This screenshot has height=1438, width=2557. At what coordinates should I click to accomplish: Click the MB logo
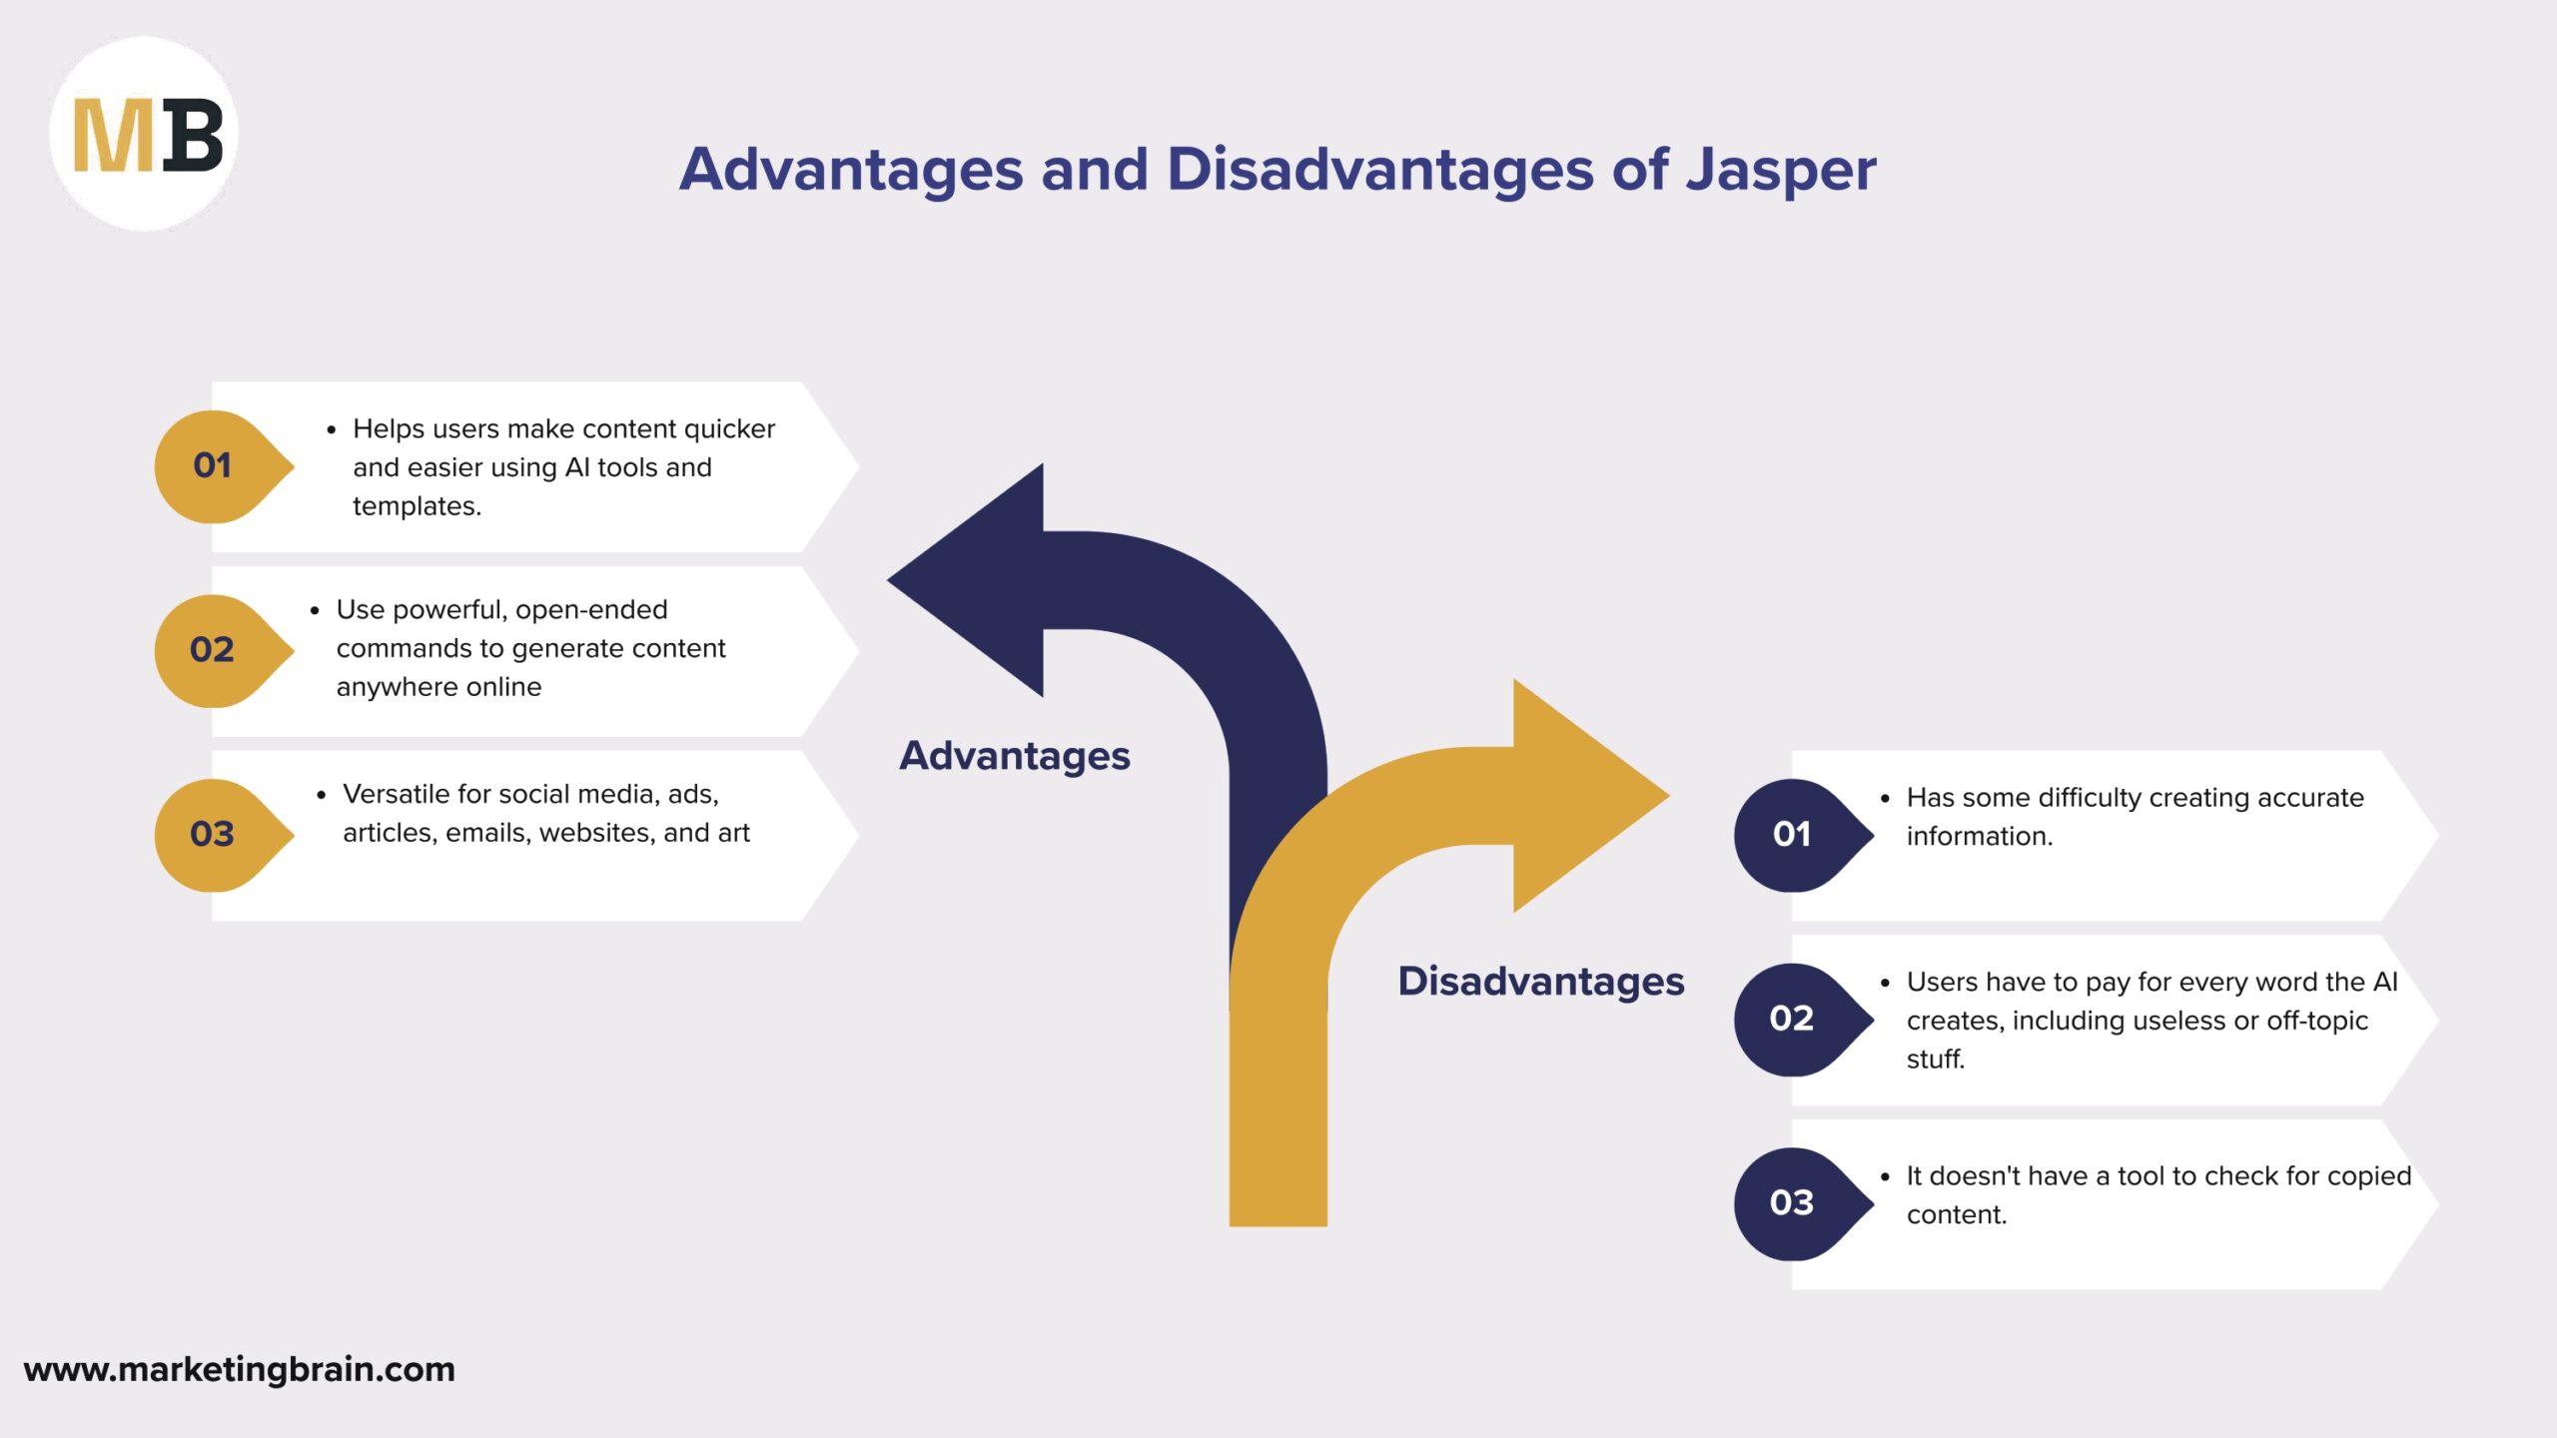click(145, 135)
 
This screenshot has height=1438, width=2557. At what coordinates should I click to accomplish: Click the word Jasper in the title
click(1781, 170)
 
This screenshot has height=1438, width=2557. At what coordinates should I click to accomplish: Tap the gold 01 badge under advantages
click(213, 465)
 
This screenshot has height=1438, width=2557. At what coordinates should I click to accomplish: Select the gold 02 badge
click(213, 650)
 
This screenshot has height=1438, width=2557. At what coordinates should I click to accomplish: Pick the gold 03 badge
click(213, 835)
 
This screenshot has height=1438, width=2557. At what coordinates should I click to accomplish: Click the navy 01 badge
click(1792, 835)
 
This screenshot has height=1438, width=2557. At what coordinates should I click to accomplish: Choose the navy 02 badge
click(1792, 1019)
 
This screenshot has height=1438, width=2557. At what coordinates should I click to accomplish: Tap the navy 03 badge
click(1792, 1203)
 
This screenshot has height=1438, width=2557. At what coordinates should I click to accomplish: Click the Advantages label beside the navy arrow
click(1015, 756)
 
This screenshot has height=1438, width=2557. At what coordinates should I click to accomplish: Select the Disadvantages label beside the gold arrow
click(1541, 982)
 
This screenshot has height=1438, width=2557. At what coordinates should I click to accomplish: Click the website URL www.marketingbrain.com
click(240, 1369)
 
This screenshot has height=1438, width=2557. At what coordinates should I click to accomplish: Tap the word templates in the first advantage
click(417, 506)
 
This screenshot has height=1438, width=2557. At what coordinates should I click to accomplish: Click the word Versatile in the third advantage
click(396, 794)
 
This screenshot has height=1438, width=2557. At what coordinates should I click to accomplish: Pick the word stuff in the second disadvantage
click(1935, 1059)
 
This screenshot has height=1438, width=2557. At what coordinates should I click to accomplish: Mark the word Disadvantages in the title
click(1380, 170)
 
